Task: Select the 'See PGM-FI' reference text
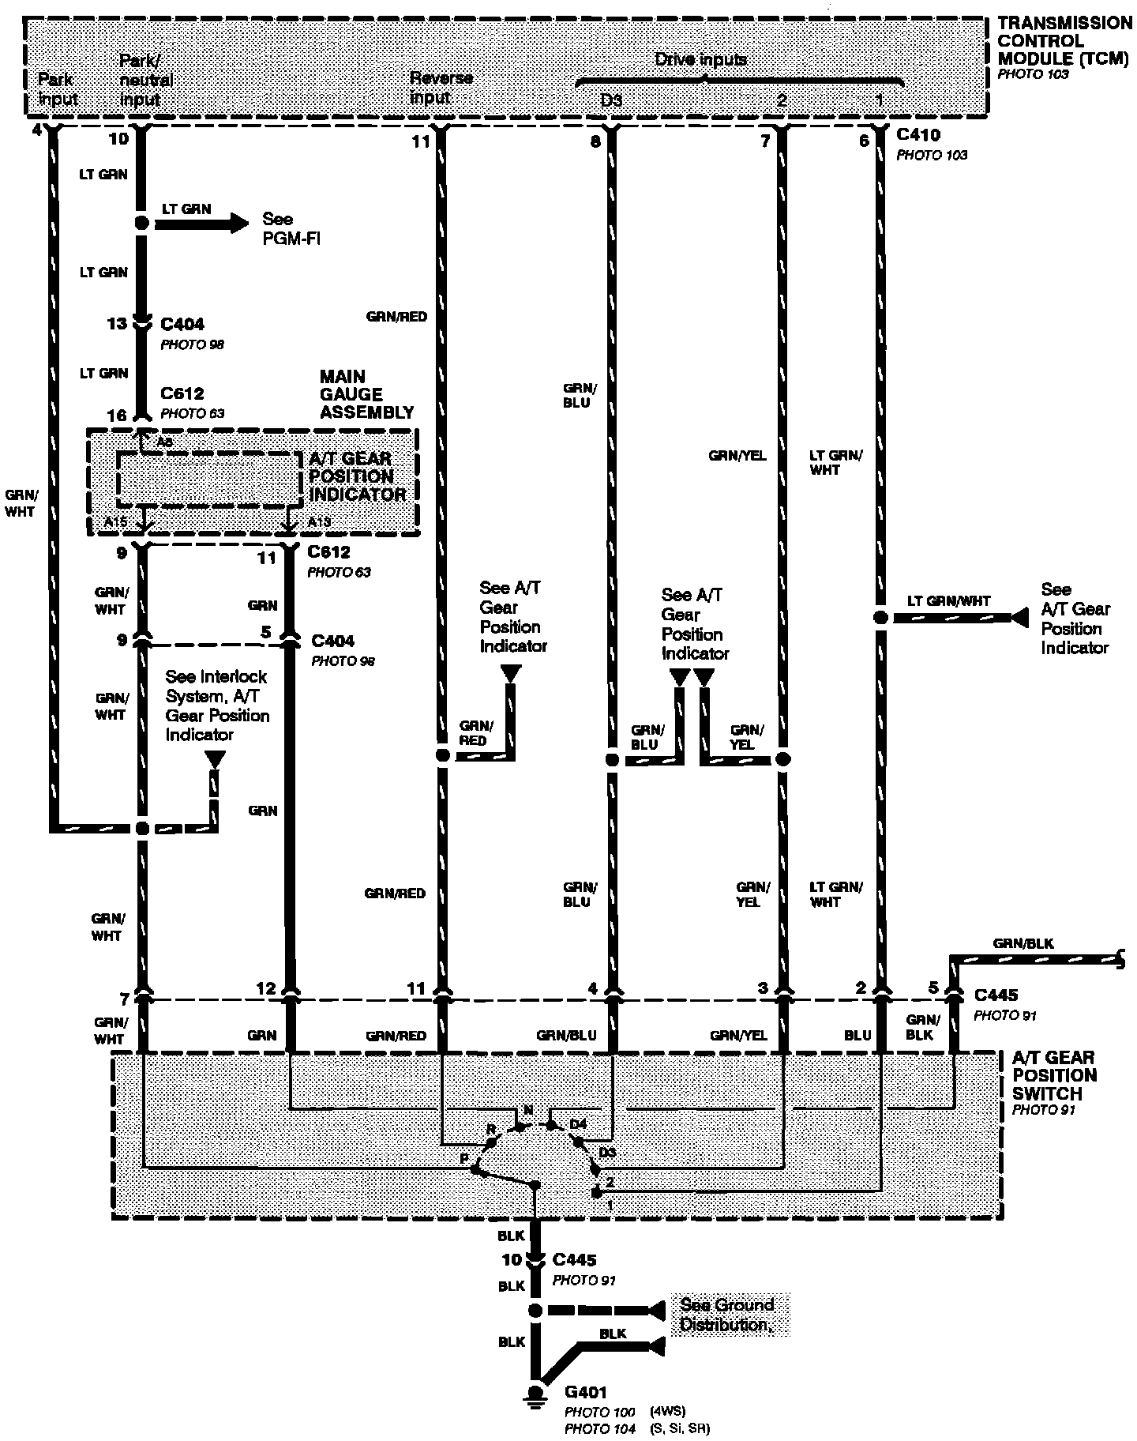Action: pyautogui.click(x=291, y=228)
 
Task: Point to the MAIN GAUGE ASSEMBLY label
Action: pyautogui.click(x=366, y=394)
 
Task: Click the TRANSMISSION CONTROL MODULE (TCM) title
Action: pyautogui.click(x=1064, y=41)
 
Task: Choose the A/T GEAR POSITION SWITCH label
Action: pyautogui.click(x=1054, y=1075)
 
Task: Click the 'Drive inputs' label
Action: pyautogui.click(x=700, y=60)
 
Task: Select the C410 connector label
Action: pyautogui.click(x=918, y=135)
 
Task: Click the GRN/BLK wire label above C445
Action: pyautogui.click(x=1023, y=943)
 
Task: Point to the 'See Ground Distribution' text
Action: pyautogui.click(x=728, y=1315)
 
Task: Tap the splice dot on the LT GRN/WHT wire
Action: pyautogui.click(x=880, y=617)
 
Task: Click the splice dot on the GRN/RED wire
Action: pyautogui.click(x=443, y=755)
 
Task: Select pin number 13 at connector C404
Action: pyautogui.click(x=117, y=323)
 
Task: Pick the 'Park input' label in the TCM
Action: pyautogui.click(x=58, y=88)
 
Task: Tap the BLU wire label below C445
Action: pyautogui.click(x=857, y=1035)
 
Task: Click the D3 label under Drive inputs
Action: pyautogui.click(x=610, y=100)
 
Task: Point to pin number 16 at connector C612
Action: pyautogui.click(x=117, y=416)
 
